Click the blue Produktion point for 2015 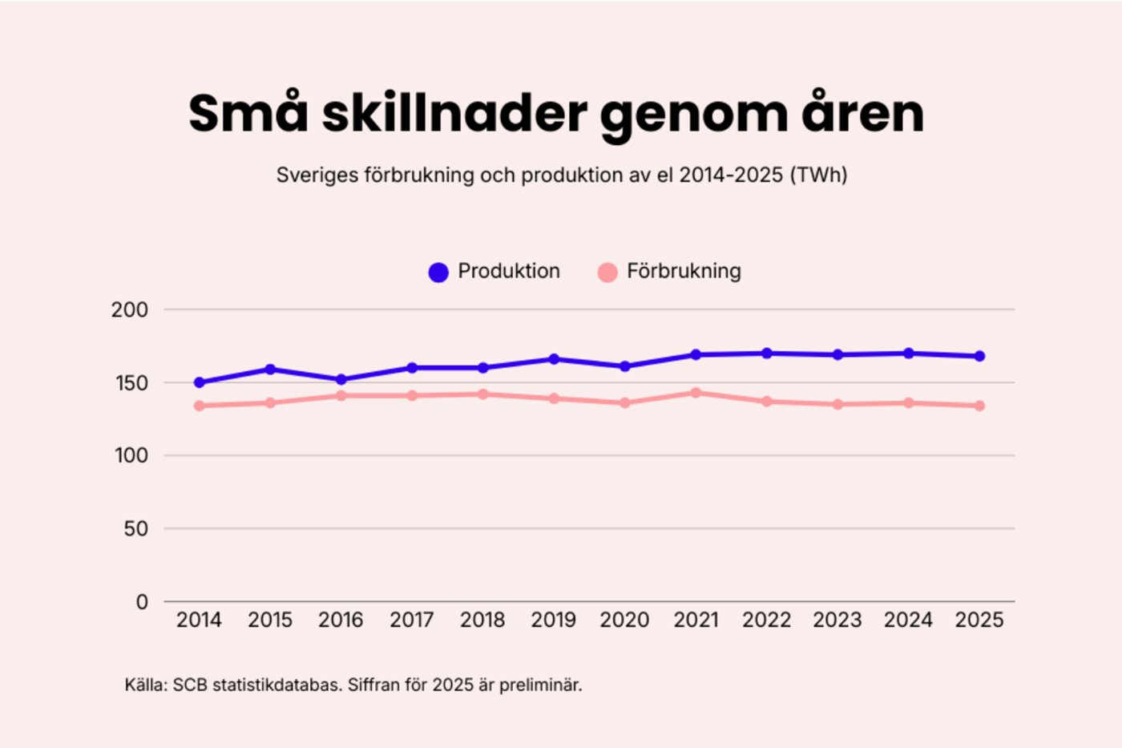click(270, 370)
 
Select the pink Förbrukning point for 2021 click(696, 393)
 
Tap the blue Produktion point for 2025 click(979, 356)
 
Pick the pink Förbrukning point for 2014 click(200, 406)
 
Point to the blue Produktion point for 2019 click(554, 359)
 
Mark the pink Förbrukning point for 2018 click(483, 394)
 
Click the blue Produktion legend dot click(438, 273)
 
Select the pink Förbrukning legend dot click(607, 273)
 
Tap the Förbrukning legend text click(684, 271)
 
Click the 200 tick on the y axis click(130, 309)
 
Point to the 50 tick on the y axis click(136, 529)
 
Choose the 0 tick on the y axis click(142, 602)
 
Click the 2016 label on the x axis click(341, 620)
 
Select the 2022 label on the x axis click(766, 620)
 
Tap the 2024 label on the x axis click(908, 620)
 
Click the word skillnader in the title click(454, 114)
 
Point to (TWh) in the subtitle click(818, 175)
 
